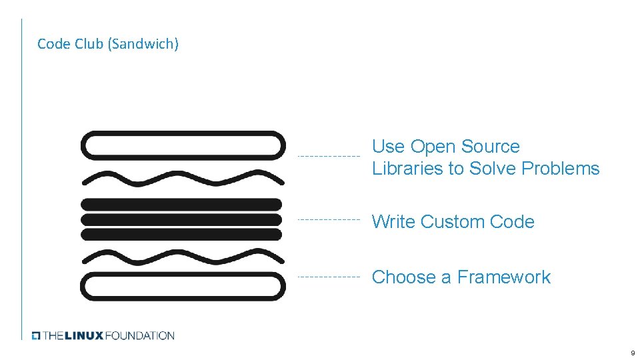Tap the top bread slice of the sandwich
pos(182,146)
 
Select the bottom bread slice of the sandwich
pos(182,286)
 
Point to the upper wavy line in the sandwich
pos(182,178)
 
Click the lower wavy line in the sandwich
pos(182,256)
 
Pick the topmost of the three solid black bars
pos(181,204)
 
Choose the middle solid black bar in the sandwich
pos(181,219)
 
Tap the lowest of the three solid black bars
pos(181,234)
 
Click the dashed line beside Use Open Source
pos(328,156)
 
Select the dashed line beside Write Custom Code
pos(328,219)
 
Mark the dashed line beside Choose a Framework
pos(328,276)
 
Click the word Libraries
pos(407,169)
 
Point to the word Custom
pos(453,222)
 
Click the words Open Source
pos(465,147)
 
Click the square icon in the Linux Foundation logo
pos(37,335)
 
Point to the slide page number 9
pos(631,353)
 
